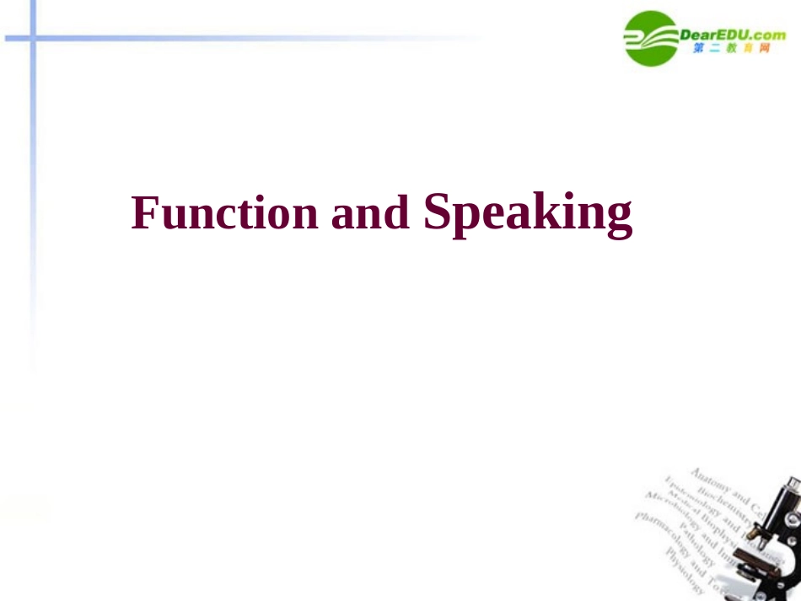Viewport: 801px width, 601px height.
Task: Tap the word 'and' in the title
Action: coord(370,213)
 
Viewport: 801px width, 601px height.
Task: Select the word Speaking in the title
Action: coord(528,213)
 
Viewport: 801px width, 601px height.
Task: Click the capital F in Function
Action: coord(144,212)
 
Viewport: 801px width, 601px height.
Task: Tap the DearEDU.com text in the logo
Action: coord(732,35)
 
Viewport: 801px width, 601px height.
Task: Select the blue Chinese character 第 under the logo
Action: coord(699,48)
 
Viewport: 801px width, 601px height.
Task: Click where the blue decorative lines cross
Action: coord(33,38)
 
